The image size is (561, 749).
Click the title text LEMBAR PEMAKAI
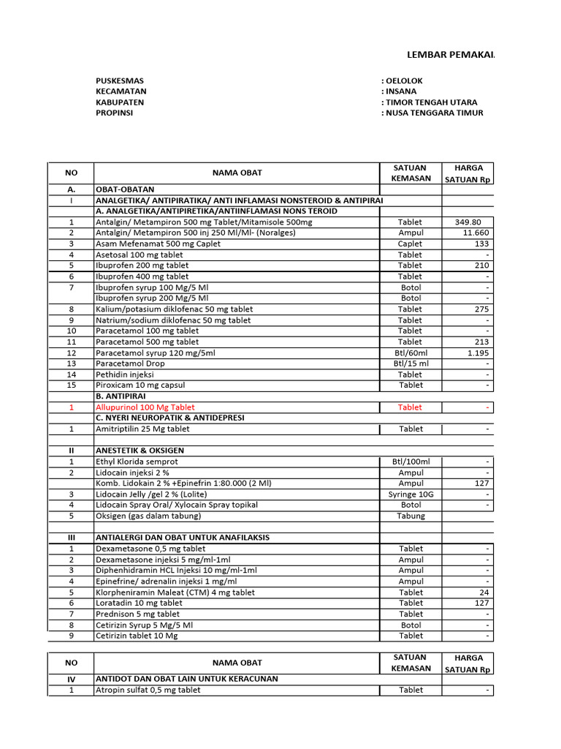coord(450,54)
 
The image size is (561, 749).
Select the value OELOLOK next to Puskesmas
coord(403,80)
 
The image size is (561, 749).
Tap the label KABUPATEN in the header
coord(120,102)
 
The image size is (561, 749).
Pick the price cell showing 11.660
coord(476,233)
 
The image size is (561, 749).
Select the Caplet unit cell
coord(410,244)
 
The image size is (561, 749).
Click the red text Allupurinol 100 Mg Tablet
coord(145,407)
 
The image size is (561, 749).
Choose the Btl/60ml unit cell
coord(410,353)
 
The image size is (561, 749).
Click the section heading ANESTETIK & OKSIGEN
coord(140,451)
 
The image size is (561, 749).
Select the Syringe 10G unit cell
coord(410,494)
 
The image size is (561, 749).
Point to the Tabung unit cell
coord(410,516)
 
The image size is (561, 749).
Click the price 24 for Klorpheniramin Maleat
coord(484,592)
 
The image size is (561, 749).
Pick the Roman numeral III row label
coord(72,538)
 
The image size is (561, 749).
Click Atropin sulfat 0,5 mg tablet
coord(148,690)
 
